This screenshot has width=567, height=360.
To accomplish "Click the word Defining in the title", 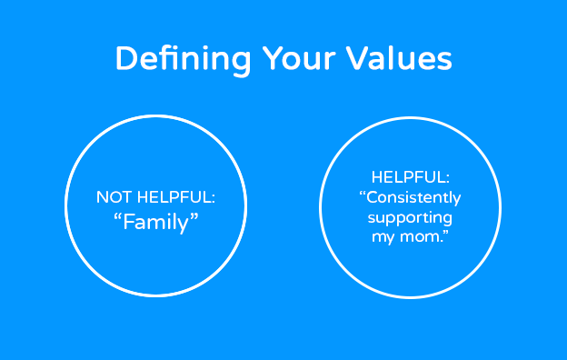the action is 183,59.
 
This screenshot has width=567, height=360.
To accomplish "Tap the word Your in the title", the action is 299,58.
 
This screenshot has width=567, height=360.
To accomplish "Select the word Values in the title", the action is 399,58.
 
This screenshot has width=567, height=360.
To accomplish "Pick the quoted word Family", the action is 156,222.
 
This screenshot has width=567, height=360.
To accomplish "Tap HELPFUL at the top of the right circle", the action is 410,177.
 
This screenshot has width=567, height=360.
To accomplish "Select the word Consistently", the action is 410,198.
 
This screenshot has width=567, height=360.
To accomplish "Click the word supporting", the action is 410,218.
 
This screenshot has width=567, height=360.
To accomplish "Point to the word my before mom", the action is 383,237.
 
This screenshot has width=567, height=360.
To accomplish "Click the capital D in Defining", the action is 125,58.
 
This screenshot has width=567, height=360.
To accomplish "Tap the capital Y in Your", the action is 273,58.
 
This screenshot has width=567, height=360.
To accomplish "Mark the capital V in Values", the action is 356,58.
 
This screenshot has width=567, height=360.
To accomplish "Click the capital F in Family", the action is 128,222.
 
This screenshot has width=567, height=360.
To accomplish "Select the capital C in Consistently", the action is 373,198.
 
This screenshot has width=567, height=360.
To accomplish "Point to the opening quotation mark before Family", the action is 117,216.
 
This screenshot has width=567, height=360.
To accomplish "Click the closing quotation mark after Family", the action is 194,216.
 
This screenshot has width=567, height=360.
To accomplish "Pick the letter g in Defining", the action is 240,63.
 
